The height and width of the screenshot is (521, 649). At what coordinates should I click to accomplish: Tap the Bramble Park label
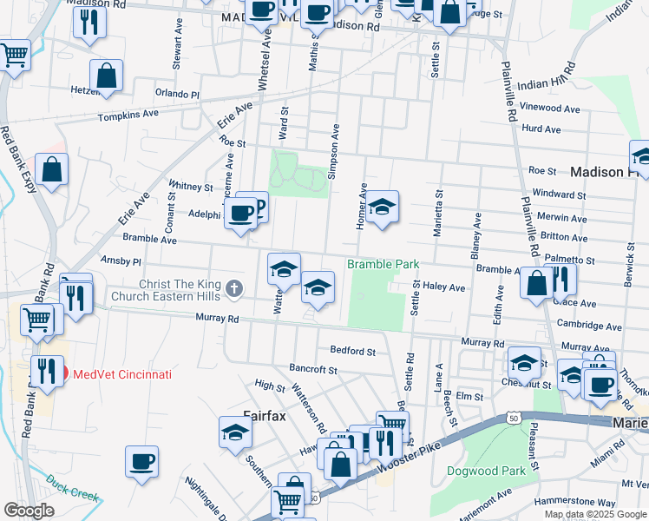point(383,264)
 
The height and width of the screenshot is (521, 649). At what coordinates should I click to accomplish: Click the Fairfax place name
point(265,415)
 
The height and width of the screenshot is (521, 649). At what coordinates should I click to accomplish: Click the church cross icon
point(233,287)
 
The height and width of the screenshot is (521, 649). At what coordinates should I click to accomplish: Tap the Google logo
point(29,511)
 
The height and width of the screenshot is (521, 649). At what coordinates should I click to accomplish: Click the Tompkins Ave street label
point(128,115)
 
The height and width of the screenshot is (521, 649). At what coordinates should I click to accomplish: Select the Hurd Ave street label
point(541,129)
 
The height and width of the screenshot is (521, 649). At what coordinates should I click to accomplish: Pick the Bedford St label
point(352,352)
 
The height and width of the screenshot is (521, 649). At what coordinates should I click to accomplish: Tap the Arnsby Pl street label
point(121,260)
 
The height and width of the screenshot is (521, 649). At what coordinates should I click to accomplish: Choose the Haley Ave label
point(444,287)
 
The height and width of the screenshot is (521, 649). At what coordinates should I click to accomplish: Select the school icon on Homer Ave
point(382,208)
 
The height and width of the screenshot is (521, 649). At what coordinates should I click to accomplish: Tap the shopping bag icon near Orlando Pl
point(106,76)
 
